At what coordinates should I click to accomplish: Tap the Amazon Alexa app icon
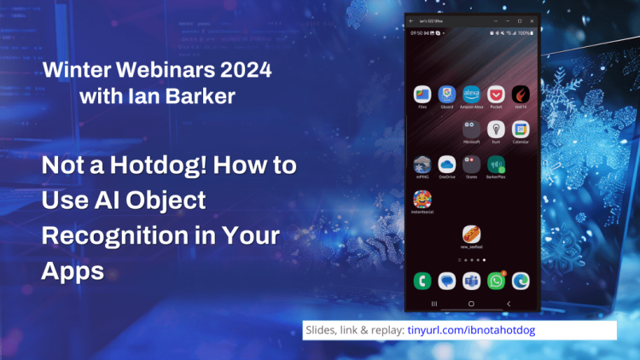[471, 94]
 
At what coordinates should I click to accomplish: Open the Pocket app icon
[496, 94]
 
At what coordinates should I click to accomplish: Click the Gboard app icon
[445, 94]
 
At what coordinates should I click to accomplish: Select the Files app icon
[422, 94]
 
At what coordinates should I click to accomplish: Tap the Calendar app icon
[521, 128]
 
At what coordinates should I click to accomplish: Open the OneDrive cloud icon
[445, 163]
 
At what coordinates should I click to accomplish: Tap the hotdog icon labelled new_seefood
[470, 233]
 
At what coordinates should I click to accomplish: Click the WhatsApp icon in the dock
[496, 280]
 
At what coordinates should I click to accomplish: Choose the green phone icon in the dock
[422, 280]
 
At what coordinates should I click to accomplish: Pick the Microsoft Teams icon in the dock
[471, 280]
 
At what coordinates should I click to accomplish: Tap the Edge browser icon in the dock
[521, 280]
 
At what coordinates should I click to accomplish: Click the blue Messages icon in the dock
[445, 280]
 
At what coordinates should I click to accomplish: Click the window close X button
[531, 20]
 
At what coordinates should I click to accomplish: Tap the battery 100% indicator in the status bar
[523, 32]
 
